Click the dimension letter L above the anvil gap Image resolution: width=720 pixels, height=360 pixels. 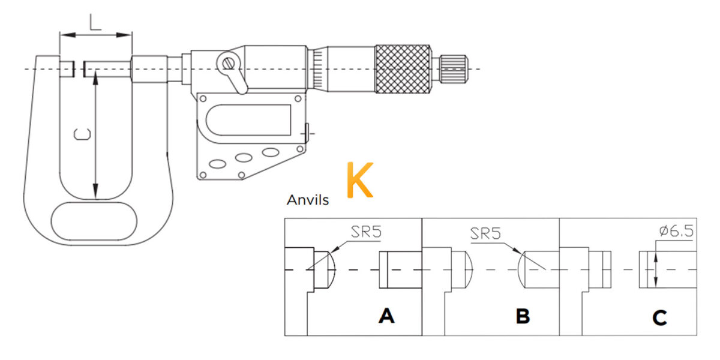[x=95, y=22]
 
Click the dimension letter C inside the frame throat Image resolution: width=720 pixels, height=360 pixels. [x=82, y=134]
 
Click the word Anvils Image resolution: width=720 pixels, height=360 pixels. [x=308, y=200]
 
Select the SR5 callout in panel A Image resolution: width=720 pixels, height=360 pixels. [x=366, y=232]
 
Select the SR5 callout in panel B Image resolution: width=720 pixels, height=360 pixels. [x=485, y=233]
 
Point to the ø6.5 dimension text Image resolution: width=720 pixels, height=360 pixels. [x=676, y=231]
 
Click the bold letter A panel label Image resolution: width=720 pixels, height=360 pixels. [x=386, y=316]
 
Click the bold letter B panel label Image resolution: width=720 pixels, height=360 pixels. [x=523, y=316]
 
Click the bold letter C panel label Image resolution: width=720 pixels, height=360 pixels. [x=659, y=317]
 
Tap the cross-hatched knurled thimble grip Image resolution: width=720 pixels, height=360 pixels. [x=403, y=69]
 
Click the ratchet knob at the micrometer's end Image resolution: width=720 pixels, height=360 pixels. [x=453, y=69]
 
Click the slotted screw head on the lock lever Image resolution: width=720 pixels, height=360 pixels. [x=229, y=64]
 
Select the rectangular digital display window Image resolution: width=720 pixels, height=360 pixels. [x=248, y=120]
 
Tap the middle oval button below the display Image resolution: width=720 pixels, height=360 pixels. [x=244, y=157]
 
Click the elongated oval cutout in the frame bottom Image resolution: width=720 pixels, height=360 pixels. [x=94, y=221]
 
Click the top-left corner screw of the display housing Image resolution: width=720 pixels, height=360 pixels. [x=203, y=98]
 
